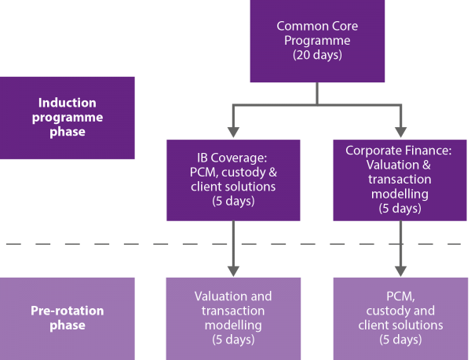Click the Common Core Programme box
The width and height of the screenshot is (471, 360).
click(x=317, y=41)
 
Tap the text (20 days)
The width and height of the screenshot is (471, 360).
click(x=317, y=56)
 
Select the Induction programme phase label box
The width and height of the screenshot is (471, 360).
click(x=68, y=117)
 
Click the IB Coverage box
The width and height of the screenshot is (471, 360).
click(x=233, y=180)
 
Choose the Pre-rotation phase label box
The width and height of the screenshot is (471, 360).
click(x=68, y=318)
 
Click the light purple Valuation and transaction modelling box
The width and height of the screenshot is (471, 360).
click(x=233, y=318)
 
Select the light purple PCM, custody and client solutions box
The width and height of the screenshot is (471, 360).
click(x=400, y=318)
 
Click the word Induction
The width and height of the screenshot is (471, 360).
click(x=68, y=102)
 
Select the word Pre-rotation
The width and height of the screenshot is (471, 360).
click(x=68, y=311)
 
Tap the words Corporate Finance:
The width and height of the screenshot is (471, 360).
click(x=400, y=148)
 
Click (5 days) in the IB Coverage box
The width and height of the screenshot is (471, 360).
click(x=233, y=202)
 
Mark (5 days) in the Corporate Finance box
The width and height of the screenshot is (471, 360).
click(x=400, y=208)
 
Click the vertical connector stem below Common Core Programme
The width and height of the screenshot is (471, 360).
click(x=317, y=93)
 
